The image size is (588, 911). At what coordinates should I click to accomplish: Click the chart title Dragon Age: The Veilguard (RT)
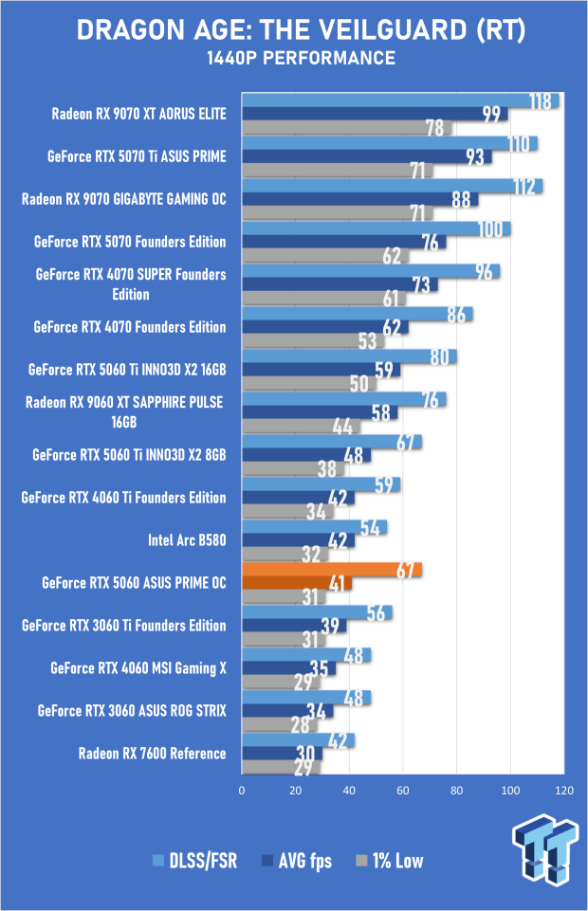301,30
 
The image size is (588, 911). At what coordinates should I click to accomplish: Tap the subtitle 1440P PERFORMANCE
301,58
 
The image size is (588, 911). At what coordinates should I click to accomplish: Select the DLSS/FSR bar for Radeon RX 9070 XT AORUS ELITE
400,100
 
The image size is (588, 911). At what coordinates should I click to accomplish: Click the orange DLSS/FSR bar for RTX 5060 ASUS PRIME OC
332,570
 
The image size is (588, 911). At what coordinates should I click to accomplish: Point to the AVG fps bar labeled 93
367,156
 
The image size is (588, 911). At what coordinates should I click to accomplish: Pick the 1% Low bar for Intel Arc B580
285,554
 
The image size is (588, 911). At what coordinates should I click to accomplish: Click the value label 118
541,101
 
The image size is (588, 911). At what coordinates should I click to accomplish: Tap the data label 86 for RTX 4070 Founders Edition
456,315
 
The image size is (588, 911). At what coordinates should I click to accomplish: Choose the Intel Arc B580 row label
187,540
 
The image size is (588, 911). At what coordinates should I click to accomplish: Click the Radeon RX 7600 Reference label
153,754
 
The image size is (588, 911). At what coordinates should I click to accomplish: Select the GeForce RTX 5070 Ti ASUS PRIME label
137,156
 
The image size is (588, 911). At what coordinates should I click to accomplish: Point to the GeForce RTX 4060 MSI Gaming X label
138,668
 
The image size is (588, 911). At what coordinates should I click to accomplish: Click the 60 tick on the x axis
403,791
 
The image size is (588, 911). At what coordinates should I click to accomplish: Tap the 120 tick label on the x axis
564,791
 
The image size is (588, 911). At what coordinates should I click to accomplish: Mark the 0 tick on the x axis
242,791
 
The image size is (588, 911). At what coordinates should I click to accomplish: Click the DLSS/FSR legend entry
194,861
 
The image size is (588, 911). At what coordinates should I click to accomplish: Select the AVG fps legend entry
297,861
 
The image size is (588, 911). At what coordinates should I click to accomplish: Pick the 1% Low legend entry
389,861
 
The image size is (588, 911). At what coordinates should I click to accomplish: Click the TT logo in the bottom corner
544,850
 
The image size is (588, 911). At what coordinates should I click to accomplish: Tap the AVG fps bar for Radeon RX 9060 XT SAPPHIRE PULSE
320,412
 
